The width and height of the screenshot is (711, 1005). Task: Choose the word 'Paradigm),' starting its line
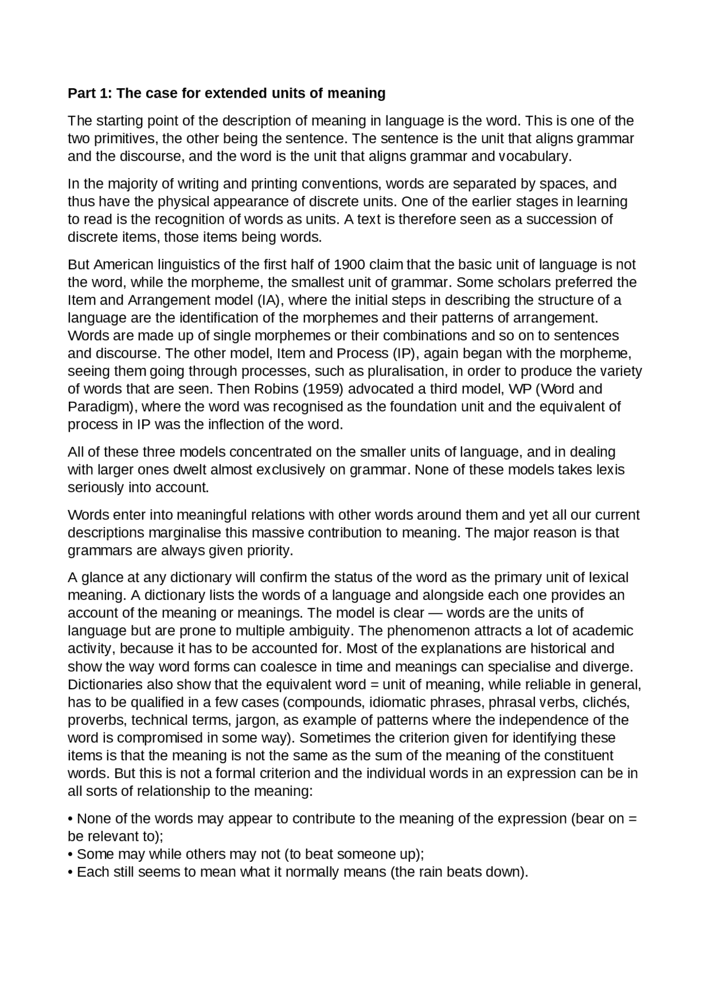click(x=103, y=407)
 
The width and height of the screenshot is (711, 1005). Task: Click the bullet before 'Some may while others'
click(x=71, y=855)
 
